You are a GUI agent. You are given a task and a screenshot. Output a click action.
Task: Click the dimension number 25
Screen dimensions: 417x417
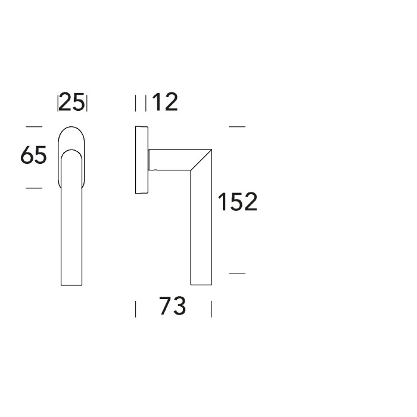tap(71, 102)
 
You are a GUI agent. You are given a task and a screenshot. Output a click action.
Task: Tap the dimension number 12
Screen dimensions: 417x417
tap(164, 102)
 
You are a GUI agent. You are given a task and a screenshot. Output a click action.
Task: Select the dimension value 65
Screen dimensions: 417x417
tap(33, 155)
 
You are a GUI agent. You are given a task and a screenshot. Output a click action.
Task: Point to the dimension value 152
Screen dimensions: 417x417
tap(238, 202)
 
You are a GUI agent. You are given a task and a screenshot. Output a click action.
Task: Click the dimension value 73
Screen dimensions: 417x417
tap(173, 306)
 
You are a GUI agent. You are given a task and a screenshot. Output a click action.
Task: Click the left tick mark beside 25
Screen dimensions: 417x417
tap(58, 103)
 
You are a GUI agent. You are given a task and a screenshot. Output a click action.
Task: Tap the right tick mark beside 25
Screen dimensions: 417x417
tap(87, 103)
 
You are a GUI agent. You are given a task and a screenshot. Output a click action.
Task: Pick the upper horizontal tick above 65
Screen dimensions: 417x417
tap(34, 126)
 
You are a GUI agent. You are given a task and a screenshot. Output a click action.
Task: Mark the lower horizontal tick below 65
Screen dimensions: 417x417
tap(34, 188)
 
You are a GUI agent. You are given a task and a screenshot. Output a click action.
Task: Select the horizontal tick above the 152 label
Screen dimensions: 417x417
tap(237, 126)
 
